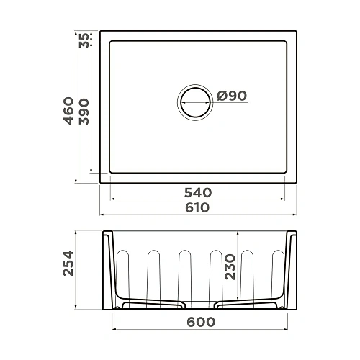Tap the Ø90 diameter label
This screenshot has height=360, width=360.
pyautogui.click(x=231, y=96)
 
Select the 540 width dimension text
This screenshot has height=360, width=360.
pyautogui.click(x=197, y=192)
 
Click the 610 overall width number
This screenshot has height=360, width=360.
pyautogui.click(x=197, y=207)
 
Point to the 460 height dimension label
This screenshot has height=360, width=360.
pyautogui.click(x=69, y=111)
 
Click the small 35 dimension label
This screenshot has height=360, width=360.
pyautogui.click(x=84, y=40)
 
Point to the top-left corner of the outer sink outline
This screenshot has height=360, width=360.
pyautogui.click(x=100, y=31)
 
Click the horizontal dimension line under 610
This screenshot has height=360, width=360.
pyautogui.click(x=197, y=215)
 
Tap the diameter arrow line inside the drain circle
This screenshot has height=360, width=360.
pyautogui.click(x=195, y=103)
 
